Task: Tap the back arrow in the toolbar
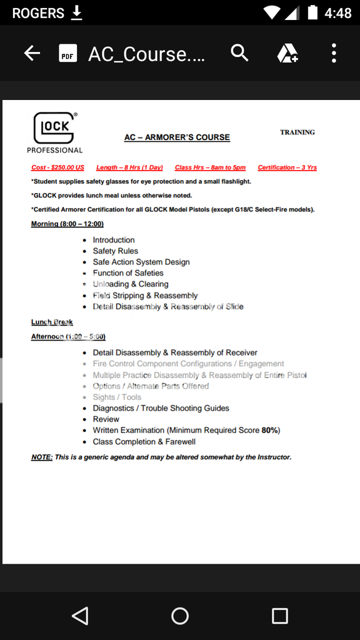pos(32,54)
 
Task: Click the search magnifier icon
pos(239,54)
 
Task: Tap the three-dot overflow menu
pos(334,54)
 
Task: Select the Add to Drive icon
pos(287,54)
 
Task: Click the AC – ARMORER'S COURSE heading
pos(177,137)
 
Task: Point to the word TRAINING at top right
pos(297,132)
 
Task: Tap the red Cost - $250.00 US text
pos(57,167)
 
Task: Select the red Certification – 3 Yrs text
pos(287,167)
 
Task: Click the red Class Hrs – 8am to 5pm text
pos(210,167)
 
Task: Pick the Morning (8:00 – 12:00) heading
pos(67,224)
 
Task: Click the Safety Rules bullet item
pos(116,251)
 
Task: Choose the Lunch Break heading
pos(52,322)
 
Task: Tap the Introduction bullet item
pos(114,240)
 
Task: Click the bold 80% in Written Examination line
pos(270,431)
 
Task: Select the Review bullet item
pos(106,419)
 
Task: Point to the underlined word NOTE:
pos(42,457)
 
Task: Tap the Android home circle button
pos(180,616)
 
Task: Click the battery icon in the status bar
pos(312,12)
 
